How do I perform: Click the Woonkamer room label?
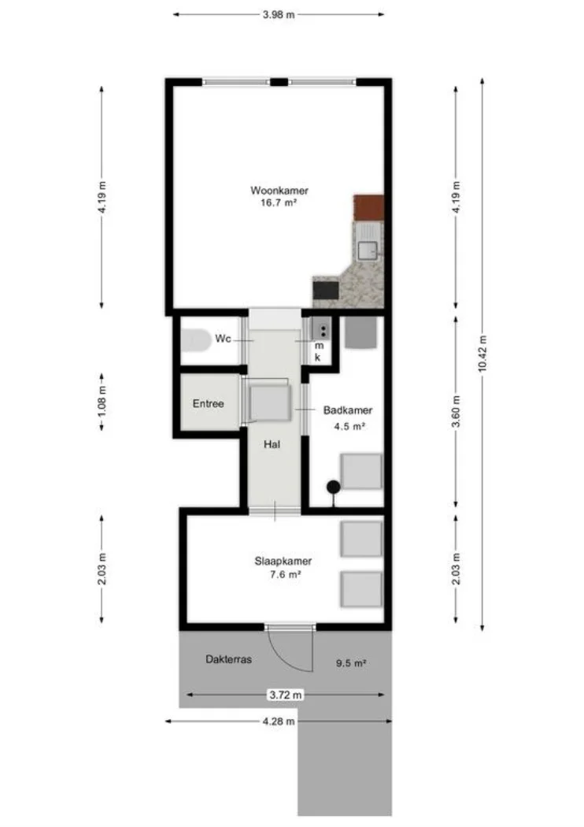click(279, 191)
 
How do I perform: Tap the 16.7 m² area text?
click(279, 202)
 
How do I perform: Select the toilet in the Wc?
click(192, 340)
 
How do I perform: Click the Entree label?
click(209, 404)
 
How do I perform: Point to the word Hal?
click(272, 444)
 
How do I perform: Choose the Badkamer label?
click(347, 410)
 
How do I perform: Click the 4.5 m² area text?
click(347, 426)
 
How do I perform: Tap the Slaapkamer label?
click(283, 562)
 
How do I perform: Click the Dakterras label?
click(229, 660)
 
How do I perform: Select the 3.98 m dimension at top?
click(279, 14)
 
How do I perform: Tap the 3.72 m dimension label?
click(283, 695)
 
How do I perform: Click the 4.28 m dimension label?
click(279, 721)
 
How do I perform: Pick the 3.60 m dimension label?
click(456, 411)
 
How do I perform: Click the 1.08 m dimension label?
click(102, 402)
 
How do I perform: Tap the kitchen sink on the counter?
click(368, 250)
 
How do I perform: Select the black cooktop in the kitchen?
click(326, 290)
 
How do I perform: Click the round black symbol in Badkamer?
click(334, 486)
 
